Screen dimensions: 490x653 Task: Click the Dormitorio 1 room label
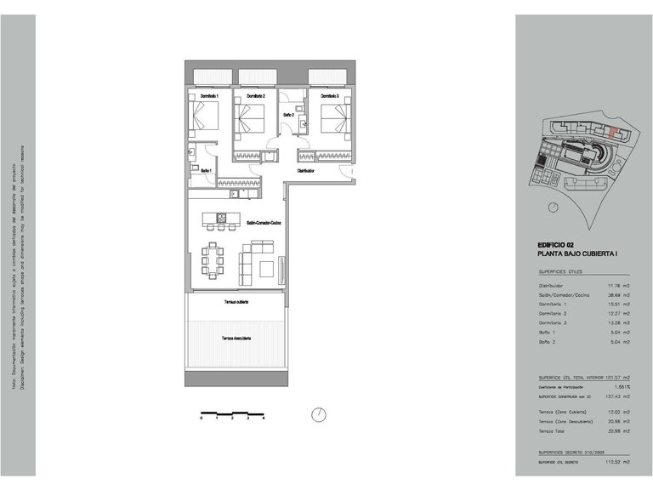(209, 96)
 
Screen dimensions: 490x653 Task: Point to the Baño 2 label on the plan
(289, 114)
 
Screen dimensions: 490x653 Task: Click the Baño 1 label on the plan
(206, 171)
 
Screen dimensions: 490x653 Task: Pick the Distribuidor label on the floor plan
(306, 171)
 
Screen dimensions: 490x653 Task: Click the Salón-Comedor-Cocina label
(264, 223)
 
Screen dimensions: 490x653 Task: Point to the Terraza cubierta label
(236, 302)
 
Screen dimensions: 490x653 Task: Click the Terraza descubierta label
(236, 338)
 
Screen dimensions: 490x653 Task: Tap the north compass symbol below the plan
(317, 414)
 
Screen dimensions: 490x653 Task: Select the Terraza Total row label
(557, 430)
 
